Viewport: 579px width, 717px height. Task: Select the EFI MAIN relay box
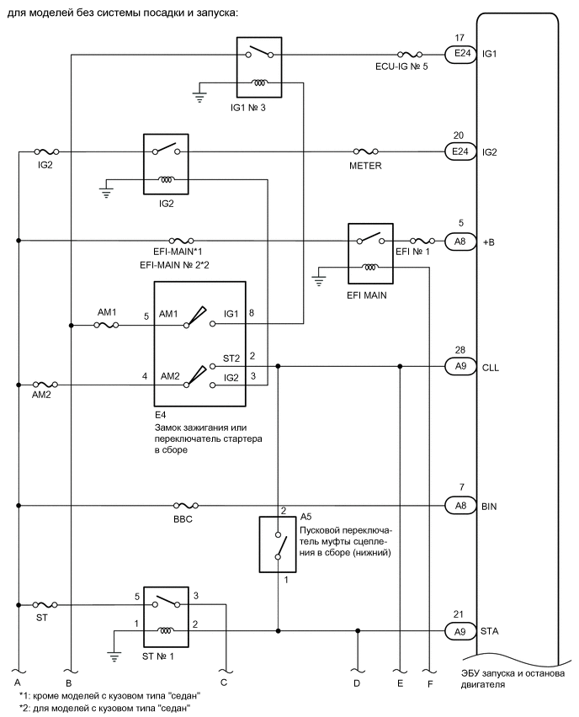(x=370, y=255)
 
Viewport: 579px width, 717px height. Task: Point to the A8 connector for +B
(x=459, y=241)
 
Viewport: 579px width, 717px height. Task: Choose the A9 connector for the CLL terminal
(x=459, y=366)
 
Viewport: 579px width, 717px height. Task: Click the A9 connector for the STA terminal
(x=459, y=630)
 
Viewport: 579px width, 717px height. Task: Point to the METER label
(x=366, y=166)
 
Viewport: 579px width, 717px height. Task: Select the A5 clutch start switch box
(x=278, y=545)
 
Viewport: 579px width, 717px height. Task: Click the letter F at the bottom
(x=430, y=682)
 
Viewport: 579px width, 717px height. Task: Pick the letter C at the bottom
(x=224, y=682)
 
